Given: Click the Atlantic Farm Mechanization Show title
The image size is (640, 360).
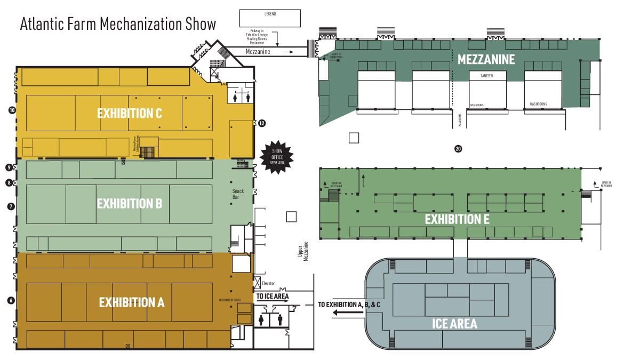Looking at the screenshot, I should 118,24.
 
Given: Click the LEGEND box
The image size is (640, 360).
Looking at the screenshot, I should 270,18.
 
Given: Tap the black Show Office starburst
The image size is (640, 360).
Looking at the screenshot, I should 276,157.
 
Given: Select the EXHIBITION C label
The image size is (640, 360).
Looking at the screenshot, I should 129,113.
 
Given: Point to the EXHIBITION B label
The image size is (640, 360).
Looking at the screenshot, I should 129,203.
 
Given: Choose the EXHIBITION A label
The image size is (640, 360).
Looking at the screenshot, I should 132,302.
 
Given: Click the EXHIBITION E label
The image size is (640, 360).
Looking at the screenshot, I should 453,219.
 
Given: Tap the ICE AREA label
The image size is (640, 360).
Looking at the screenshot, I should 454,323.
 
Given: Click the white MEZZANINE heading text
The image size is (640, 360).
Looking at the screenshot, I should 486,59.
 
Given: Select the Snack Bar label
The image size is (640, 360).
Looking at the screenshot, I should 238,194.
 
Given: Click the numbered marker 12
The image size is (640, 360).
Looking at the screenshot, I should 262,123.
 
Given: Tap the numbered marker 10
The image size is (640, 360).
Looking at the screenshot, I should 11,110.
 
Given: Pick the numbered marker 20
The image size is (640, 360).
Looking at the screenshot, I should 458,149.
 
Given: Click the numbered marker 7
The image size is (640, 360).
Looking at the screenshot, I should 11,206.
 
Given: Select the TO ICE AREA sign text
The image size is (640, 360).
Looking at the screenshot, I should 273,296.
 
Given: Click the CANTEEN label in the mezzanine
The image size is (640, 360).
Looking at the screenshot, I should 486,76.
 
